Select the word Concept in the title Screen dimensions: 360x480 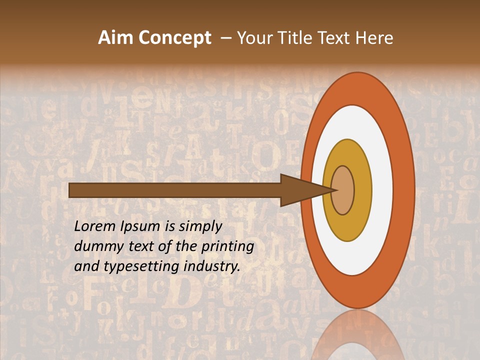coord(174,38)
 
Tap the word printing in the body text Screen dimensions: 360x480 coord(228,246)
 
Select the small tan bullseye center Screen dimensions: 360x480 coord(343,190)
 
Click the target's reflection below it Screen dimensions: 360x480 coord(357,337)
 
